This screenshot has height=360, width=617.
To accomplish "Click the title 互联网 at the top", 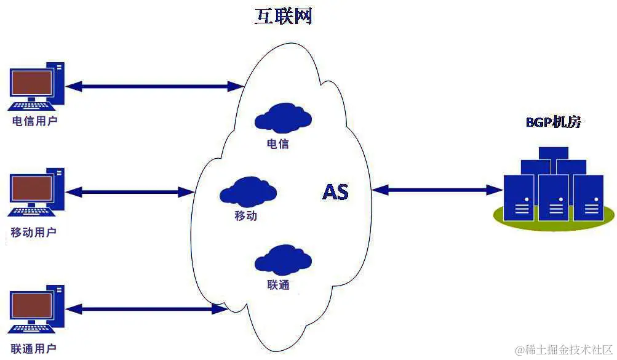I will (x=284, y=16).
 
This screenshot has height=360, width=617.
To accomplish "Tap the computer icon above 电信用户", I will (x=36, y=86).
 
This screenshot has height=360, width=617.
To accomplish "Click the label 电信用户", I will (x=35, y=121).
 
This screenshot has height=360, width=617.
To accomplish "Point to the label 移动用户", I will (x=34, y=233).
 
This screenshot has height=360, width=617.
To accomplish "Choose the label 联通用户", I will (x=34, y=348).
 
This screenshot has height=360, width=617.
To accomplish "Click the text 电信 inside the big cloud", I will (x=278, y=144).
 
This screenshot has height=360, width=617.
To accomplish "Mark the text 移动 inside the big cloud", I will (x=245, y=216).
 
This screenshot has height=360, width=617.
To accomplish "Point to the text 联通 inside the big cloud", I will (x=278, y=286).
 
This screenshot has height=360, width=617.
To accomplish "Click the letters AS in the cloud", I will (x=335, y=192).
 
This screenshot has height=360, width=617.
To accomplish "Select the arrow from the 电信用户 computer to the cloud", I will (x=154, y=86).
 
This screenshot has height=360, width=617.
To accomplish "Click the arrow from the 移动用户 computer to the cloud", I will (x=129, y=192).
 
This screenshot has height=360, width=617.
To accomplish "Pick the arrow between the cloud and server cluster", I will (x=437, y=190).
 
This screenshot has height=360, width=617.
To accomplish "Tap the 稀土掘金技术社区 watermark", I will (x=563, y=350).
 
